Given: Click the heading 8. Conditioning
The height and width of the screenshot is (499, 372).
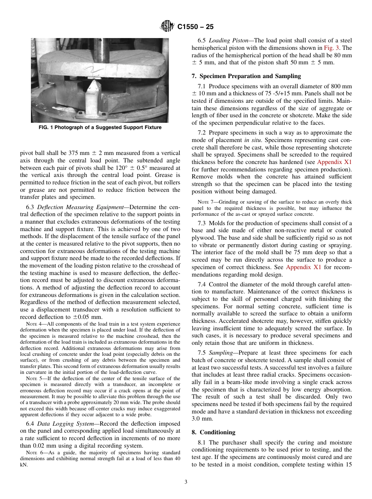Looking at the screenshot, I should pyautogui.click(x=213, y=432).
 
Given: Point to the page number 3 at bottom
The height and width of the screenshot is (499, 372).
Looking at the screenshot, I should pyautogui.click(x=186, y=482).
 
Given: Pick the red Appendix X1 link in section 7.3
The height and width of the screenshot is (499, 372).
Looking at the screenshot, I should pyautogui.click(x=303, y=267).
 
